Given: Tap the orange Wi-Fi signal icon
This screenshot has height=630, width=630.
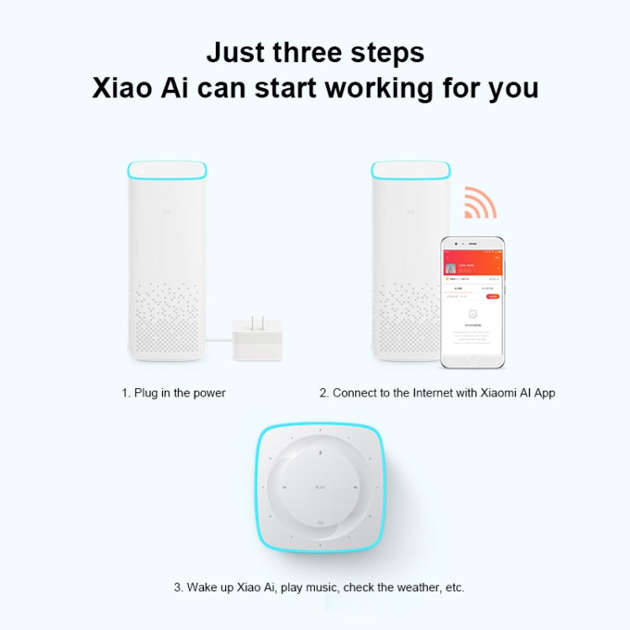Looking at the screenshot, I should [480, 202].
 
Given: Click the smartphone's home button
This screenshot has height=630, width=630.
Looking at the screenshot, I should [473, 360].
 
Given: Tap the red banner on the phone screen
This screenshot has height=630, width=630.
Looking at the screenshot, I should [473, 264].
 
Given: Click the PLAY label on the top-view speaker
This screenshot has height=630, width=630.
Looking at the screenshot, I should [320, 487].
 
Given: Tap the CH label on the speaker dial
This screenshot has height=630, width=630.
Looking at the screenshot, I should [320, 523].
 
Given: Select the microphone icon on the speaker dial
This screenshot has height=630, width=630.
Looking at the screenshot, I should [320, 452].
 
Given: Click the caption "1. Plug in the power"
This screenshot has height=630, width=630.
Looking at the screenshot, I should [173, 393].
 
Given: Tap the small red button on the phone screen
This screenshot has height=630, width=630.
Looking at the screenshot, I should [493, 297].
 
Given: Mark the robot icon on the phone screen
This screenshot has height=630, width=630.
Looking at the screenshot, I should [472, 316].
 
